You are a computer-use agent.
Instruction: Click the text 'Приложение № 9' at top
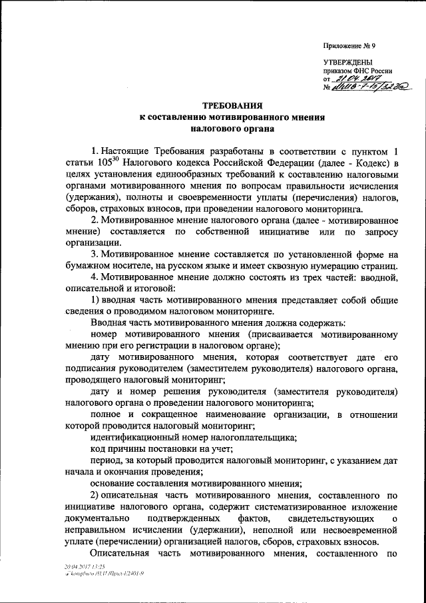point(349,47)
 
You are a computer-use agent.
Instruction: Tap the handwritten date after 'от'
point(356,79)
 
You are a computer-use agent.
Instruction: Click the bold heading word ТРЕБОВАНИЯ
point(230,105)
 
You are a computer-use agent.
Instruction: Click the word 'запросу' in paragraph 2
point(379,231)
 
